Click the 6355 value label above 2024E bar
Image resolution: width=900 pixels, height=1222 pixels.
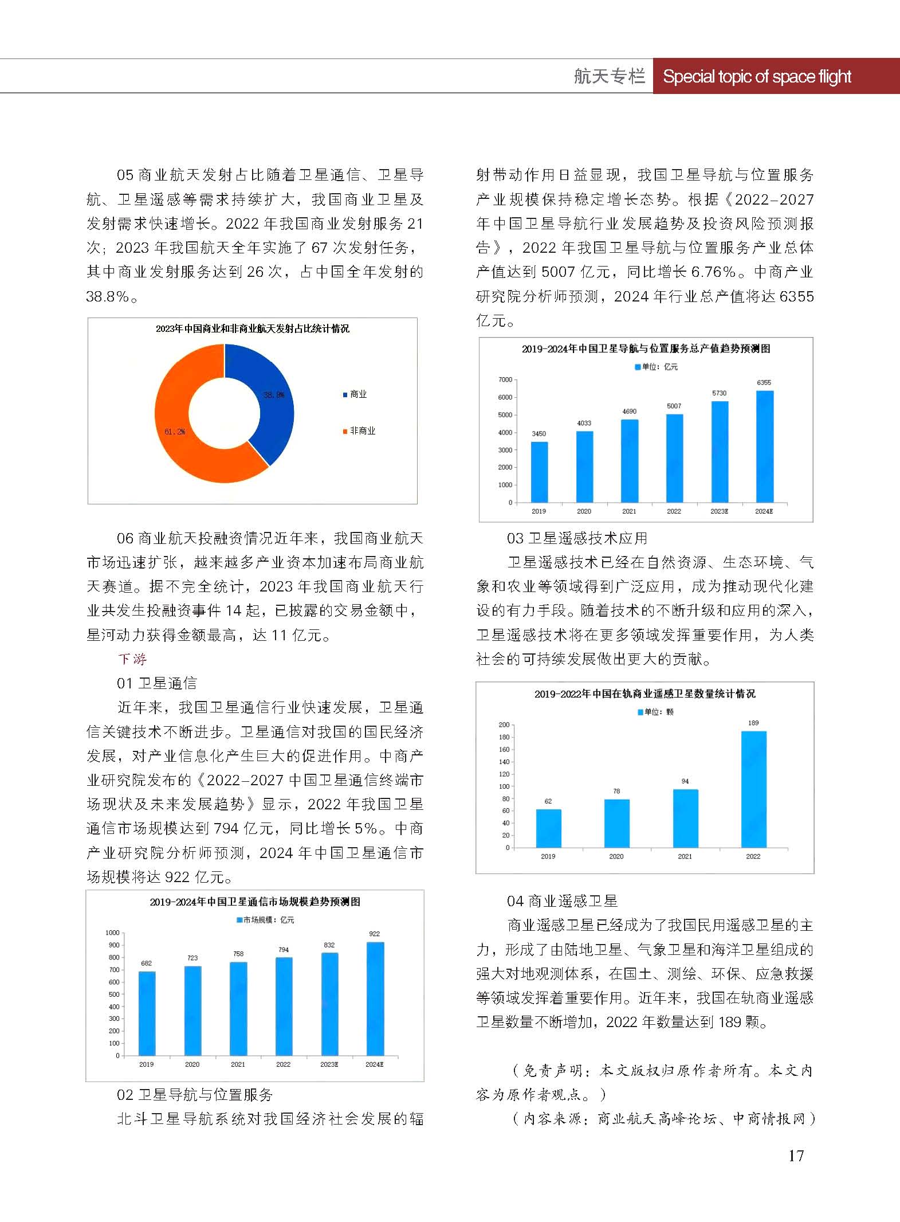[764, 382]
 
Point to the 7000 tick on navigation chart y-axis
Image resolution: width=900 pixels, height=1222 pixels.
[505, 379]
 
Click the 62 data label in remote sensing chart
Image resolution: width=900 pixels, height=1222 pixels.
[548, 801]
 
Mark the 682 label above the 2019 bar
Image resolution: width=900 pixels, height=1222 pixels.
[147, 963]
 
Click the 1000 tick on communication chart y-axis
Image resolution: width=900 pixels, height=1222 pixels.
[112, 933]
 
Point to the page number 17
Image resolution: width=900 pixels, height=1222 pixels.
[796, 1156]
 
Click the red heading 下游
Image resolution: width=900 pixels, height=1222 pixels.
[132, 659]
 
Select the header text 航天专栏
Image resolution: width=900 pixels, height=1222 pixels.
[609, 76]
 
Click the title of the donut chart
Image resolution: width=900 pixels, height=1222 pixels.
[252, 328]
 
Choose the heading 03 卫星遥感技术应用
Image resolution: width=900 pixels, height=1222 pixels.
[577, 538]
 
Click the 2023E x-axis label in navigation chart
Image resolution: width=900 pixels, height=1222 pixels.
[719, 511]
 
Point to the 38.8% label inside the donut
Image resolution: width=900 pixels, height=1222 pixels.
[273, 394]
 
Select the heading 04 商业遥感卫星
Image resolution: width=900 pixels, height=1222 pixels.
[562, 901]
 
